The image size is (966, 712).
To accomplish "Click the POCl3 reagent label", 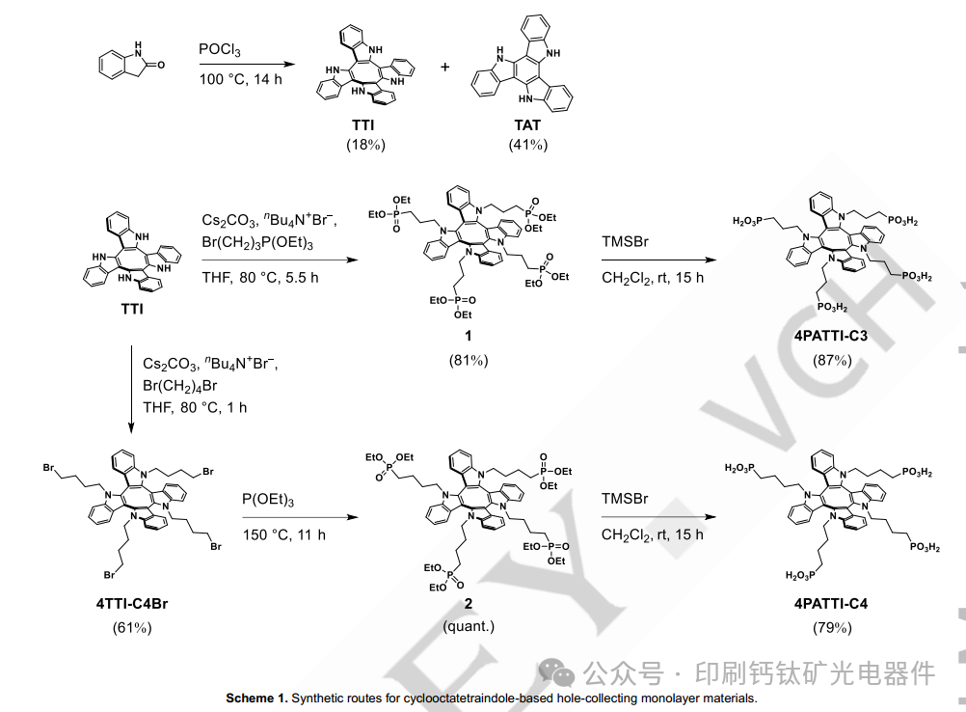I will (x=219, y=49).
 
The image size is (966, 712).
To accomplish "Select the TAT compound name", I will (x=527, y=125).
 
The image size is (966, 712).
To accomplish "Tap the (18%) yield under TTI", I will (x=366, y=145).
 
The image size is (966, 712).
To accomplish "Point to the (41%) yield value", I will (x=527, y=145).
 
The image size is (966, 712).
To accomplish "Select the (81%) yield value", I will (x=469, y=360).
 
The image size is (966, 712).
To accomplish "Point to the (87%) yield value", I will (x=830, y=360).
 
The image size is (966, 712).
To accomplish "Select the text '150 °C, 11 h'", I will (x=283, y=534).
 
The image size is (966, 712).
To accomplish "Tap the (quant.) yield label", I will (x=469, y=626).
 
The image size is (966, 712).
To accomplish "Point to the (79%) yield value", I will (x=830, y=628).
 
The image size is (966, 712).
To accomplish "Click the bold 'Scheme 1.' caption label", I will (x=256, y=698).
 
